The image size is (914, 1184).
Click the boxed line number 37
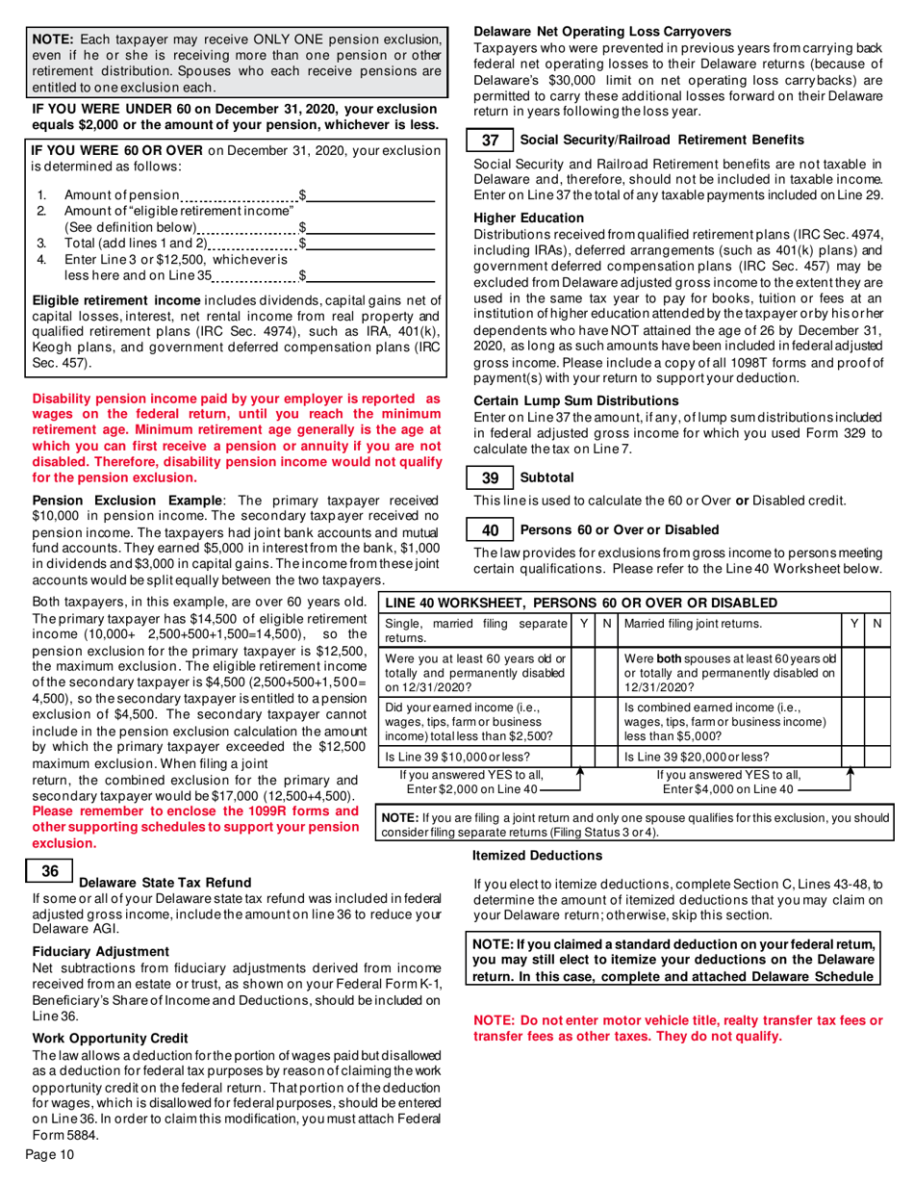(490, 141)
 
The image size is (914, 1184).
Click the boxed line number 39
(490, 477)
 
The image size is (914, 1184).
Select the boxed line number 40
(490, 529)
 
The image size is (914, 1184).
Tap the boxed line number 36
(50, 871)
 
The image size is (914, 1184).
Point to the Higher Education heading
(529, 219)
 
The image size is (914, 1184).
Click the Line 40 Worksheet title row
(635, 603)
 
